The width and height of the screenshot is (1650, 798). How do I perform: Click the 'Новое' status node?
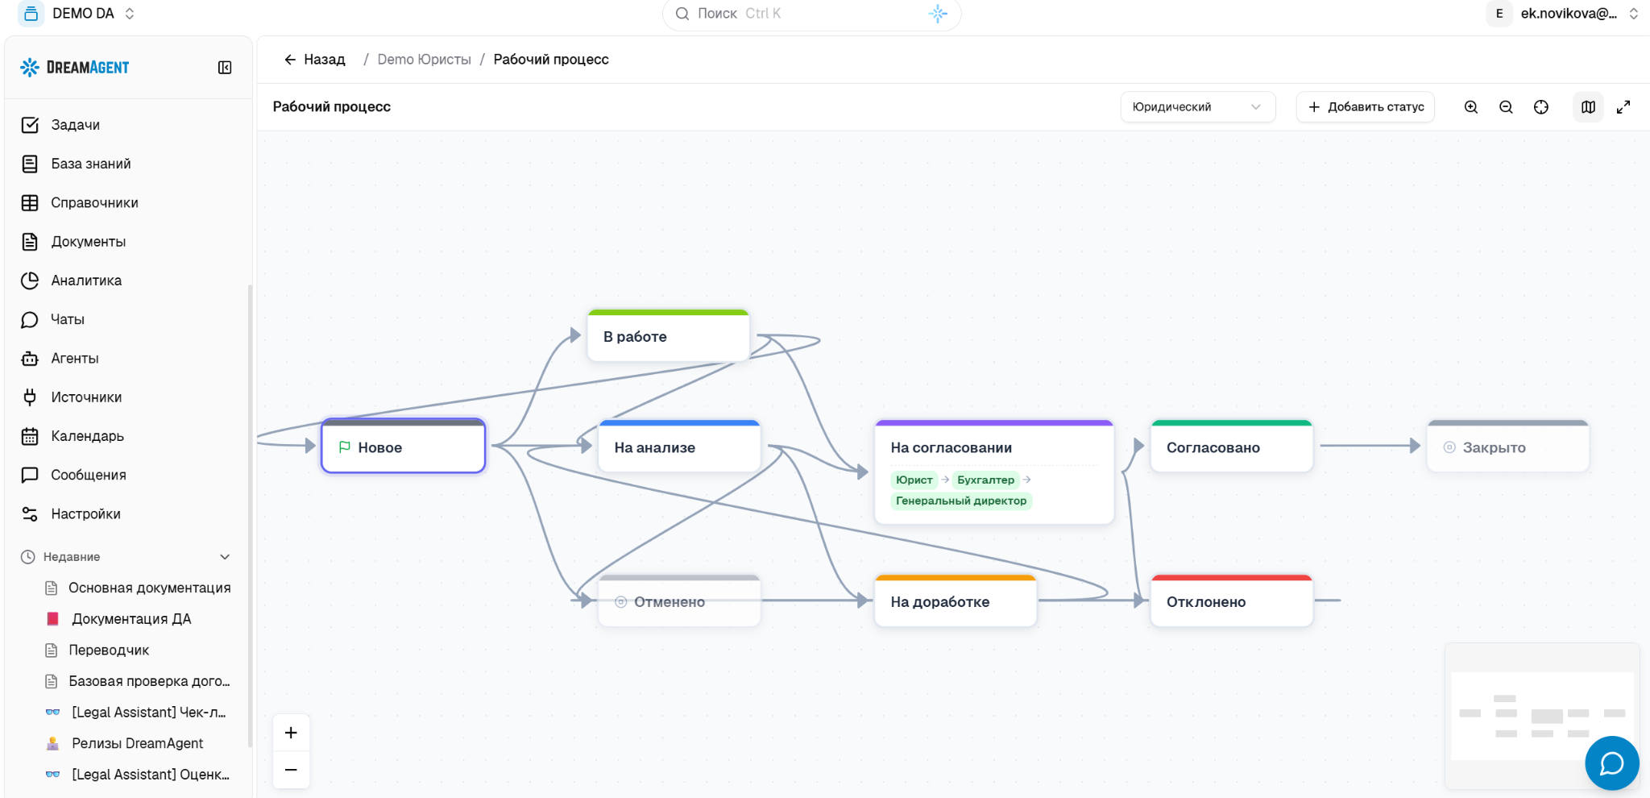[x=403, y=446]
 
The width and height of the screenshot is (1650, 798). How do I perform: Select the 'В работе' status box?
[x=669, y=335]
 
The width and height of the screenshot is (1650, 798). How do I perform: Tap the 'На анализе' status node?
[x=679, y=446]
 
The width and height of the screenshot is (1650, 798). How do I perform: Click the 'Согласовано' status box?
[x=1232, y=446]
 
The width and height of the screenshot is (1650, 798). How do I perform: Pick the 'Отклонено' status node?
[x=1232, y=601]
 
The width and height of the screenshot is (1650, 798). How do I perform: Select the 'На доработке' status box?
[x=956, y=601]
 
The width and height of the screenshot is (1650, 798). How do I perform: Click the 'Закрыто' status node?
[x=1507, y=446]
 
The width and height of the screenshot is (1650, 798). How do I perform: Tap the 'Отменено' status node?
[x=679, y=601]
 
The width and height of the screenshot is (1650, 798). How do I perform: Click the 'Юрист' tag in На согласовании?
[x=914, y=480]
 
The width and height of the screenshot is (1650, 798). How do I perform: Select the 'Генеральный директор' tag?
[x=961, y=501]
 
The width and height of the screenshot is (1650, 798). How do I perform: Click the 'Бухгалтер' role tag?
[x=986, y=480]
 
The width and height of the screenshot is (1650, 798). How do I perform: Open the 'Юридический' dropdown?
[x=1197, y=106]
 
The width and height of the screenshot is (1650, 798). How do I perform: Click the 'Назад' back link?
[x=315, y=60]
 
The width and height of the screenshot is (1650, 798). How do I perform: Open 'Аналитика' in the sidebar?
[x=86, y=281]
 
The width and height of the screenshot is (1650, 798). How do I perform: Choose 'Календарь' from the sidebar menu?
[x=87, y=436]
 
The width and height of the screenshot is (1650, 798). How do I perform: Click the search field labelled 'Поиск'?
[x=811, y=14]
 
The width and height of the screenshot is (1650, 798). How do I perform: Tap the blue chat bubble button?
[x=1611, y=763]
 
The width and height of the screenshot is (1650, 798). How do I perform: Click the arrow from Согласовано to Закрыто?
[x=1370, y=446]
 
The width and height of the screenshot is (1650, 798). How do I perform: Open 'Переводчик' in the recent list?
[x=109, y=650]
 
